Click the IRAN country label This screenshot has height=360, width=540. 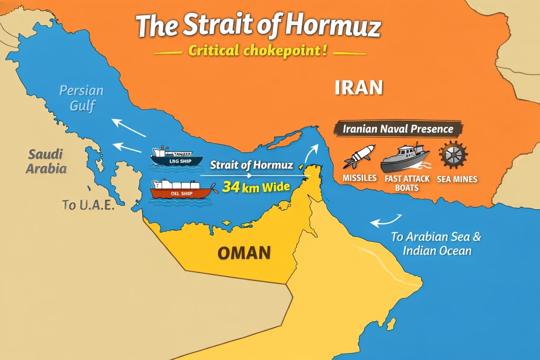tap(358, 87)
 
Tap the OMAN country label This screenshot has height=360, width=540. tap(244, 253)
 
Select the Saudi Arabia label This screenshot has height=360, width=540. tap(46, 161)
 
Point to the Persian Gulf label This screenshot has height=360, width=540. tap(81, 98)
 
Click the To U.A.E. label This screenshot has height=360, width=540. tap(88, 205)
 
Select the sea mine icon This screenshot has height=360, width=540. tap(453, 155)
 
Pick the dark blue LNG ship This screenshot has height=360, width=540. tap(176, 157)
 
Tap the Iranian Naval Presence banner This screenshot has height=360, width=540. tap(398, 129)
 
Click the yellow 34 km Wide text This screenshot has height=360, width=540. tap(256, 187)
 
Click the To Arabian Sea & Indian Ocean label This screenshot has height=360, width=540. tap(437, 243)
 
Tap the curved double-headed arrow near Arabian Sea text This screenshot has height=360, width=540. tap(386, 221)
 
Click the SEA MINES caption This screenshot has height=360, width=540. tap(457, 179)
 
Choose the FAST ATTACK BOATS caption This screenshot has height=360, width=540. tap(407, 183)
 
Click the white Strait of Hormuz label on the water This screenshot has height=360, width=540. tap(251, 165)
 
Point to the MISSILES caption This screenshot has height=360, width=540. tap(359, 178)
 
